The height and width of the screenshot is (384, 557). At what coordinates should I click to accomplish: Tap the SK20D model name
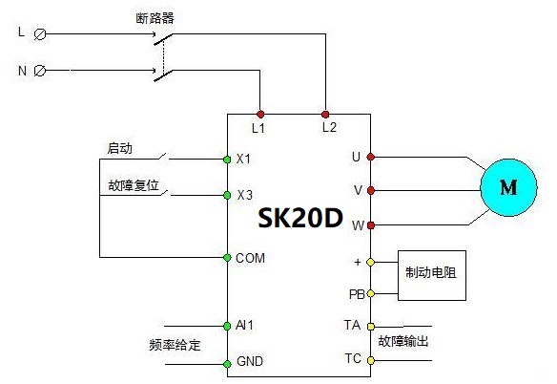300,218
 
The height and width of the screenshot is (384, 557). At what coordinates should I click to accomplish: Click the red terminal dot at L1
260,115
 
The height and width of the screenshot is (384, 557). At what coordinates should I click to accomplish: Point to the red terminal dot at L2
325,115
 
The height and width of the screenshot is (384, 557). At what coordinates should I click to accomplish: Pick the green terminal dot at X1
227,160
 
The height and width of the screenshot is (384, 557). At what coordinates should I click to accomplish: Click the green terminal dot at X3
227,195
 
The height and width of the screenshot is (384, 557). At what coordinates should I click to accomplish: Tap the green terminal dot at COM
227,257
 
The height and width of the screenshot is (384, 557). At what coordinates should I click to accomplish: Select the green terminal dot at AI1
227,326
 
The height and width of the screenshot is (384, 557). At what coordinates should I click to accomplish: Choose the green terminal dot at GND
227,364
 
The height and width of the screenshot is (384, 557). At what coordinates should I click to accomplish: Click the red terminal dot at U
370,157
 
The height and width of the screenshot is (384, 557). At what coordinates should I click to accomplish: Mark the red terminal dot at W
370,225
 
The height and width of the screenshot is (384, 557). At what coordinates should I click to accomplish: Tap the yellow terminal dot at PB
370,293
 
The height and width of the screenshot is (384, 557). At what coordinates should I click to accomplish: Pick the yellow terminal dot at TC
370,360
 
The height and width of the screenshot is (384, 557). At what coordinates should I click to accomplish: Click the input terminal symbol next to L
40,34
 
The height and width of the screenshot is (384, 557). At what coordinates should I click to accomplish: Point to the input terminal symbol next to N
40,71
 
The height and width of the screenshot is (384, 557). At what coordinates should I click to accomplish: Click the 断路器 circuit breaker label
155,18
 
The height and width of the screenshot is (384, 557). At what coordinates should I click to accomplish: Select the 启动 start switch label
120,148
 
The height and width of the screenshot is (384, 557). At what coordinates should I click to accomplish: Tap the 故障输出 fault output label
403,341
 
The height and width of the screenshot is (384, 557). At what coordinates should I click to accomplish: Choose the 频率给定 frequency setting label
175,345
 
